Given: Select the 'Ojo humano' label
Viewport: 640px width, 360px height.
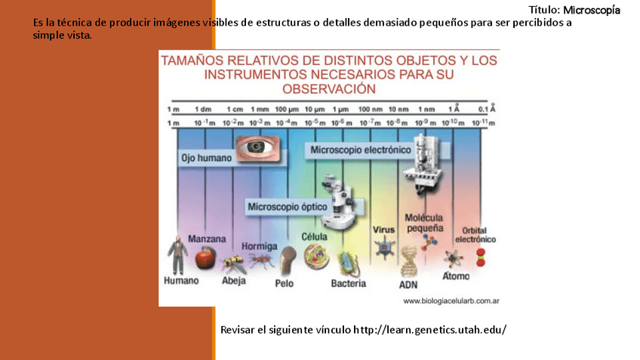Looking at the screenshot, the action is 205,158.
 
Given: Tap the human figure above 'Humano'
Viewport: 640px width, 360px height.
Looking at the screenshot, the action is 179,254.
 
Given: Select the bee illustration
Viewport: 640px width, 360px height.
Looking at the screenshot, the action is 232,263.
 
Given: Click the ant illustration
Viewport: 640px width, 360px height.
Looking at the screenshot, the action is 259,260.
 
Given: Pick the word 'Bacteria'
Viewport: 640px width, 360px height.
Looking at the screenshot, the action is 348,284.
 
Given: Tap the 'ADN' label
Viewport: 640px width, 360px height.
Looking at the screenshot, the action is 408,285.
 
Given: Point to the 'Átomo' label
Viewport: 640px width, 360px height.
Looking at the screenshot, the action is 456,276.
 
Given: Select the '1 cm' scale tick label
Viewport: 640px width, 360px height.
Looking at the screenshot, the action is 235,109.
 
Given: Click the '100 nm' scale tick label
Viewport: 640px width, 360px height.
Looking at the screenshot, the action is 369,109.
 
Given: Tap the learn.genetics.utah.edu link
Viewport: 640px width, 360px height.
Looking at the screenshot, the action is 429,331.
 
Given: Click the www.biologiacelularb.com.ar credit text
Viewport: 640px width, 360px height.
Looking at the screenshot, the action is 453,301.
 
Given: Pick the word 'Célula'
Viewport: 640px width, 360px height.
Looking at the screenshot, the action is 315,236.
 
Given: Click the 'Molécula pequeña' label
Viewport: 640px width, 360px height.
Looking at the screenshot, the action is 423,222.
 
